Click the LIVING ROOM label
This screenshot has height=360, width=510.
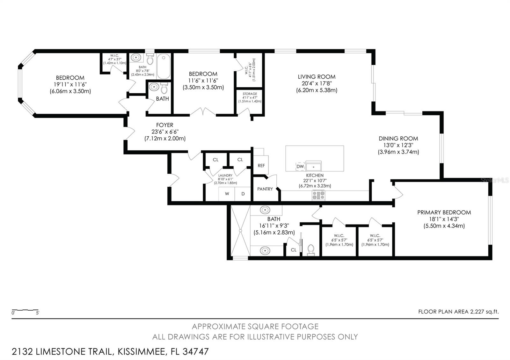(x=317, y=77)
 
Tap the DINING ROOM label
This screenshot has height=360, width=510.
(x=398, y=139)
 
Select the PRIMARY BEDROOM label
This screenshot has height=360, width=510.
(x=444, y=212)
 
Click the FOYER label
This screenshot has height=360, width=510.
(x=164, y=125)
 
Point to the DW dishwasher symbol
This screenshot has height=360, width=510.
(x=300, y=166)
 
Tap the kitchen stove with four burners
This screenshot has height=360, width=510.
(x=318, y=195)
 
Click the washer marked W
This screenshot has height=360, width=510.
(x=227, y=194)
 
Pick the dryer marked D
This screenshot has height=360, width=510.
(x=243, y=194)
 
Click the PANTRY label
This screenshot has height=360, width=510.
(x=265, y=189)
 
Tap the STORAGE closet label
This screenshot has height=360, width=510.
(x=250, y=94)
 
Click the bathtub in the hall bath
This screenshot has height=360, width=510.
(x=164, y=66)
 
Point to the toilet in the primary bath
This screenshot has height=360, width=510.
(x=311, y=250)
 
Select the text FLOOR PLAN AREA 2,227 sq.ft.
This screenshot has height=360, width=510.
(x=458, y=312)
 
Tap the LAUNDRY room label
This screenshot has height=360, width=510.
(x=225, y=176)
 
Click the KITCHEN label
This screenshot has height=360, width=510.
(x=315, y=176)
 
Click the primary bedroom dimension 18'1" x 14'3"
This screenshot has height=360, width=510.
(x=444, y=219)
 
